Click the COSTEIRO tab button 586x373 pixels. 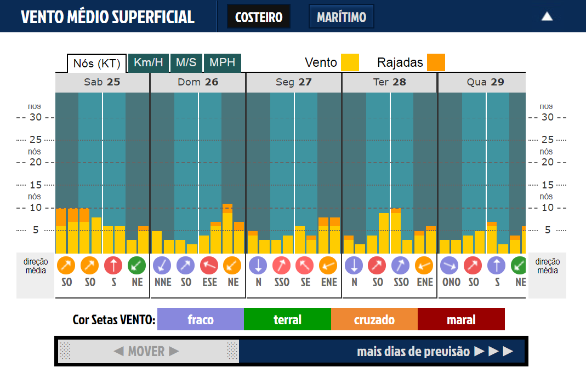[x=259, y=16]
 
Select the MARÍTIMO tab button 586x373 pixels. [x=342, y=16]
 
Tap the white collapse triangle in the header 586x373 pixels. [x=547, y=16]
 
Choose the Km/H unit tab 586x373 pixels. [x=149, y=62]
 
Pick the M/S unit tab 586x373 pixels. [x=186, y=62]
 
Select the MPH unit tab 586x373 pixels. [x=223, y=62]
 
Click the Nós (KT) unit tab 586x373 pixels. [x=97, y=63]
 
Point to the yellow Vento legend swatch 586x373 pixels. [x=350, y=62]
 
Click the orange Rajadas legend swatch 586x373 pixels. [x=436, y=62]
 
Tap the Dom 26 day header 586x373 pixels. [x=198, y=82]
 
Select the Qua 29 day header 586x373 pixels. [x=485, y=82]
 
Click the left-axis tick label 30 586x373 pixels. [x=36, y=117]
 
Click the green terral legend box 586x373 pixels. [x=287, y=319]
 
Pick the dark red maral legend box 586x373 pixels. [x=461, y=319]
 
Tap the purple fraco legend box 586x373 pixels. [x=201, y=319]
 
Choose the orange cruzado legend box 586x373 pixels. [x=374, y=319]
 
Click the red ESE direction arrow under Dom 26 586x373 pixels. [x=209, y=266]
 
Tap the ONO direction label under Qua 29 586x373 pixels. [x=451, y=282]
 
